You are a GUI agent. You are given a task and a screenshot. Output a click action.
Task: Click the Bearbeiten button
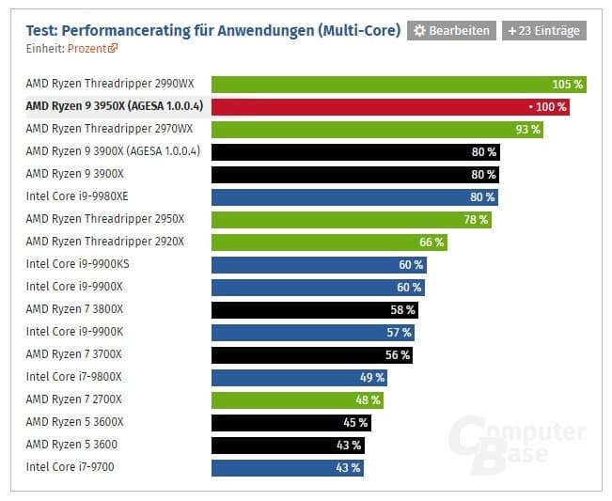click(x=450, y=31)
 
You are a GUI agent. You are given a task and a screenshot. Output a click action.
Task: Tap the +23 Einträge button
click(x=543, y=31)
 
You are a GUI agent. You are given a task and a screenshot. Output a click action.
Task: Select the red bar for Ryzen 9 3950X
click(x=389, y=106)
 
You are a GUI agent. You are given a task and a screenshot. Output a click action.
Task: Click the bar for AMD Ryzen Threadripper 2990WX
click(x=398, y=84)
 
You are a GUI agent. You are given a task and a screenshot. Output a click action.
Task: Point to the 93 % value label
click(x=527, y=129)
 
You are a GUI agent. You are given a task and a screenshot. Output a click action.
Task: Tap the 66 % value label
click(x=432, y=242)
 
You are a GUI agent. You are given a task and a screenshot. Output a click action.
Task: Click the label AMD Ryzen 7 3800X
click(x=74, y=309)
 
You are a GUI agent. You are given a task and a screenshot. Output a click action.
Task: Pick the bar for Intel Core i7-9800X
click(x=299, y=377)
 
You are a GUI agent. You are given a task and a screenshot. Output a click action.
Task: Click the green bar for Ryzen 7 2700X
click(x=297, y=399)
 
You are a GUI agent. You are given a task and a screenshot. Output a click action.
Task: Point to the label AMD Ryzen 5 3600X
click(x=74, y=422)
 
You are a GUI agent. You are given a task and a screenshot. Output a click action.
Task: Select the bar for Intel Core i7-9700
click(x=287, y=467)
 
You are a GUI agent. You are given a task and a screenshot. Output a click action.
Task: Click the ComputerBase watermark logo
click(x=516, y=446)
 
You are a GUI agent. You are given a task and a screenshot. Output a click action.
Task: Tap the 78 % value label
click(x=476, y=219)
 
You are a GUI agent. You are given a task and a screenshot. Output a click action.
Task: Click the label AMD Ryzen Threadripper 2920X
click(x=104, y=242)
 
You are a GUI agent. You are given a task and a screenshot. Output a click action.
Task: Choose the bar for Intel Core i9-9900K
click(x=312, y=332)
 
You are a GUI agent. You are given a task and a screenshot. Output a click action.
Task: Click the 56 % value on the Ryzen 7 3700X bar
click(x=398, y=354)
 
